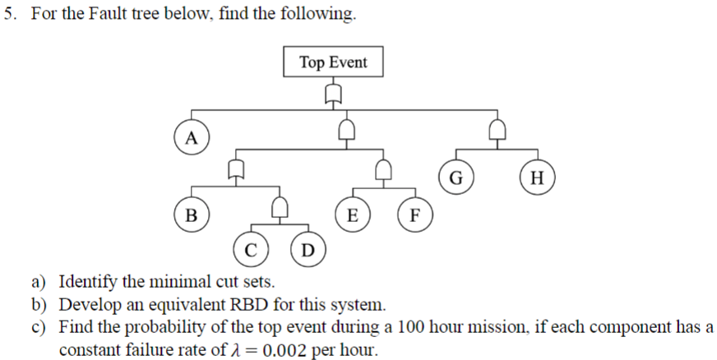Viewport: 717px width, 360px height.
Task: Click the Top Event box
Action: pyautogui.click(x=333, y=62)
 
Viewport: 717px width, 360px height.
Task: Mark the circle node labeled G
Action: pyautogui.click(x=456, y=176)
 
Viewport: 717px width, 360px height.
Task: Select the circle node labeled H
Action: pyautogui.click(x=538, y=176)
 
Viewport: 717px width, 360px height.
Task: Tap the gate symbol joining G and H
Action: pyautogui.click(x=497, y=130)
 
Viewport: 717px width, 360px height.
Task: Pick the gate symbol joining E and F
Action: pyautogui.click(x=383, y=170)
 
